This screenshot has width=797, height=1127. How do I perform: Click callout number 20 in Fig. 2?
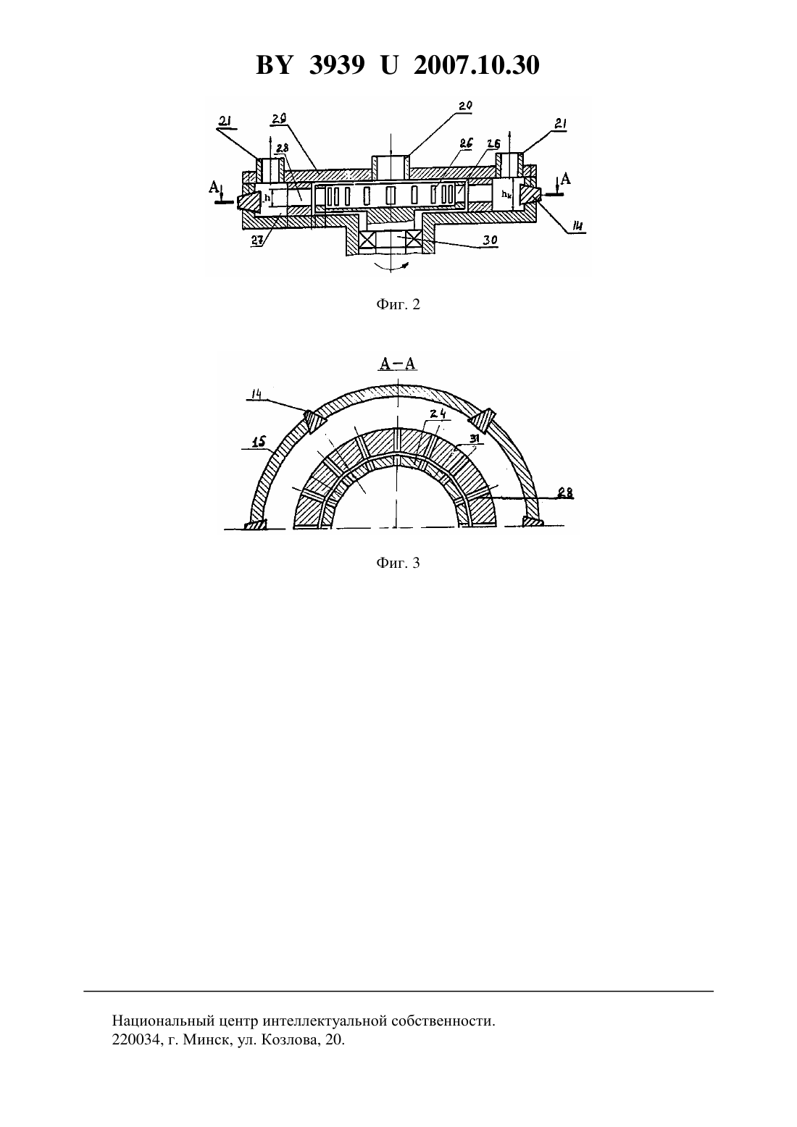(x=465, y=106)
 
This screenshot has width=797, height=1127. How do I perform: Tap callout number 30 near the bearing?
(x=490, y=240)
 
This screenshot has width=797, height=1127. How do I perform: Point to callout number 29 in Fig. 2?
(x=279, y=118)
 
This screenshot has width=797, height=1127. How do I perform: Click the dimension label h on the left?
(x=267, y=198)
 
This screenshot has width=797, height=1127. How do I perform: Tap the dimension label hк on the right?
(x=506, y=194)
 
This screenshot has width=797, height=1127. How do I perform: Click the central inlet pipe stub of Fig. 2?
(x=391, y=167)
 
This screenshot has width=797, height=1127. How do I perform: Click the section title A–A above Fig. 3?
(x=398, y=364)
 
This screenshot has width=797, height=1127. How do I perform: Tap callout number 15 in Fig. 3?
(x=258, y=443)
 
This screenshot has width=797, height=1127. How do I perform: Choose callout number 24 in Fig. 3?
(x=437, y=414)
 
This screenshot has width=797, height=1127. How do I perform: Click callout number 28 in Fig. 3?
(x=566, y=493)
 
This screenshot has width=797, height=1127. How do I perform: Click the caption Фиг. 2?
(x=398, y=304)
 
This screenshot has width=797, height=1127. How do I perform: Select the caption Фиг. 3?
(x=398, y=563)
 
